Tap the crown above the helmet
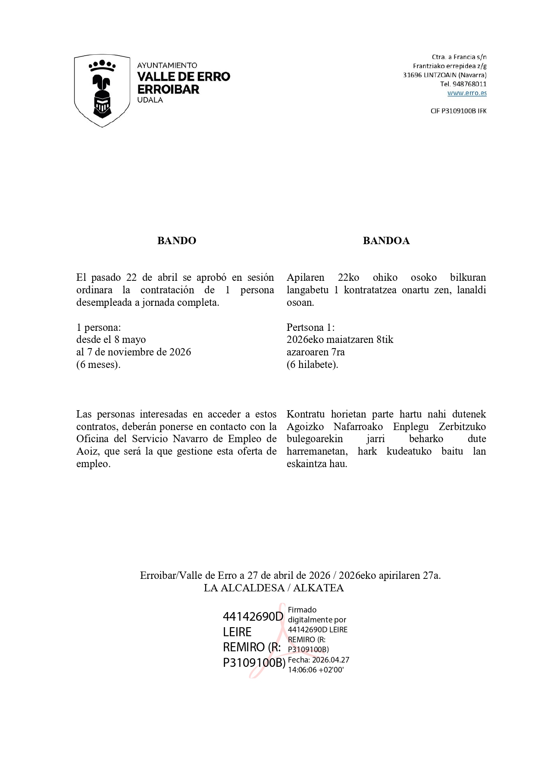(x=102, y=66)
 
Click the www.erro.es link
(x=467, y=93)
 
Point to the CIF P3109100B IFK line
(x=458, y=111)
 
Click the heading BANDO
(x=176, y=241)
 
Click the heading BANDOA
(x=386, y=241)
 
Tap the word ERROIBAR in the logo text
(x=168, y=89)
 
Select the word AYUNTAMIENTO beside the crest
(x=167, y=66)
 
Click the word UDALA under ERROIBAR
(x=150, y=100)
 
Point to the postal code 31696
(x=412, y=75)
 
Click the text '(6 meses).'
(x=98, y=364)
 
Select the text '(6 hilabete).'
(x=312, y=364)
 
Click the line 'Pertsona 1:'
(x=310, y=327)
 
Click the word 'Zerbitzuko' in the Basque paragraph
(x=462, y=427)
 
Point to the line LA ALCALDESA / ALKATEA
(x=274, y=588)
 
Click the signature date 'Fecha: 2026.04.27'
(x=318, y=660)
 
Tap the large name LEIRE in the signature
(x=237, y=632)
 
